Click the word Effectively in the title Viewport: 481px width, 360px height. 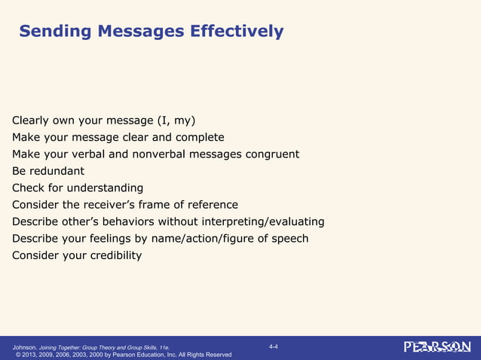tap(237, 31)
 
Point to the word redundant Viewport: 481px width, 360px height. tap(58, 171)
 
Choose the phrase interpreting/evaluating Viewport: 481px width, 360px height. tap(259, 221)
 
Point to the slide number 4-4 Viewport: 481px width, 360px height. tap(273, 346)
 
